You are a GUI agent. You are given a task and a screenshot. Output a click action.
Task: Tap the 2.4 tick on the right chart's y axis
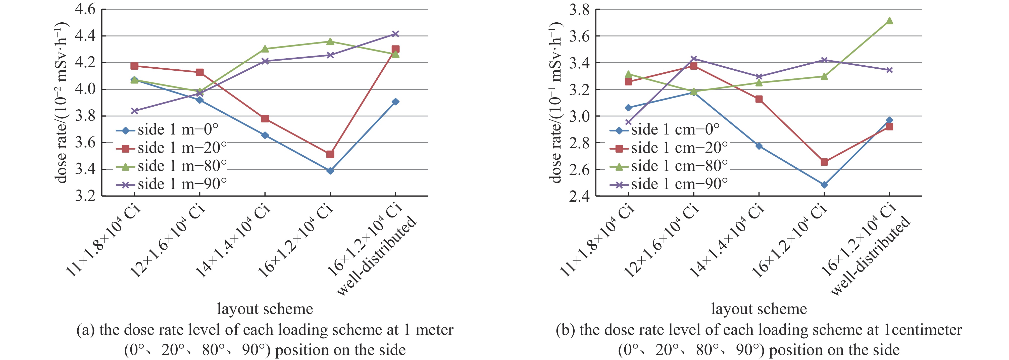pos(579,196)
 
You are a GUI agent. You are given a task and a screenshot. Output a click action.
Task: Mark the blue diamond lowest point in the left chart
pos(330,171)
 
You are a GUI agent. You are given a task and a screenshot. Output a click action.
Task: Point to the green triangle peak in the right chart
pos(890,21)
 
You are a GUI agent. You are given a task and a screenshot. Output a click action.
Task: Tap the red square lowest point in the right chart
pos(824,162)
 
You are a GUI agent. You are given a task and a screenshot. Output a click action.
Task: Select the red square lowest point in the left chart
pos(330,154)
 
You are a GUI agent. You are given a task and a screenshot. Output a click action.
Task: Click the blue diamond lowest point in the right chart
pos(824,185)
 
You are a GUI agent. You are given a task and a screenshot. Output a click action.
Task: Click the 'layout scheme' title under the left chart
pos(265,309)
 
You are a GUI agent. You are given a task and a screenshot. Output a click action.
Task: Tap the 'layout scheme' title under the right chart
pos(759,309)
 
